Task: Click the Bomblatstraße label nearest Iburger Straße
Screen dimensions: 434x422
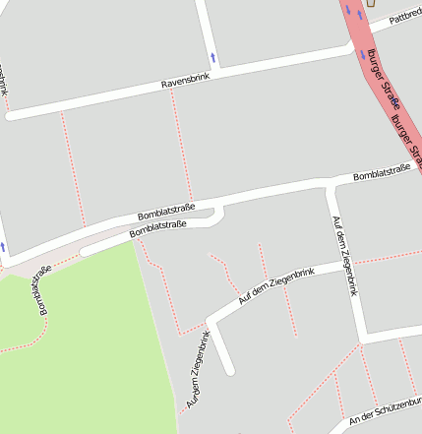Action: pyautogui.click(x=381, y=173)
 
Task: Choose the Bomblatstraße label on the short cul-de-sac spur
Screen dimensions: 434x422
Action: pyautogui.click(x=157, y=230)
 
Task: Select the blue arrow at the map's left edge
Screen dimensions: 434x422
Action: pyautogui.click(x=3, y=246)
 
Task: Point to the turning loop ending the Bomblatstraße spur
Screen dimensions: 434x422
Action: pyautogui.click(x=218, y=213)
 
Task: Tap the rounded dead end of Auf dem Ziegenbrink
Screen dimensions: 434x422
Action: pyautogui.click(x=230, y=371)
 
